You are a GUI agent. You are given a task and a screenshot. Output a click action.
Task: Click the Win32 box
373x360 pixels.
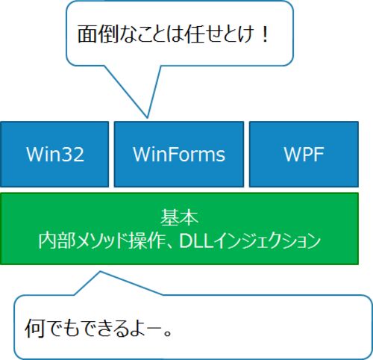[54, 154]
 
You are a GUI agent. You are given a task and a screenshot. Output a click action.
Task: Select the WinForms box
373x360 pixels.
[179, 154]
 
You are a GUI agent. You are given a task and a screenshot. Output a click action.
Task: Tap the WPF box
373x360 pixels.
[304, 154]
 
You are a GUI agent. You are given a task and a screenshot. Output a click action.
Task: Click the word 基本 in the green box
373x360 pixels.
[179, 217]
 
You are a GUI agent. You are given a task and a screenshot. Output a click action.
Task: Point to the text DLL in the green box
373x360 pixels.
[196, 240]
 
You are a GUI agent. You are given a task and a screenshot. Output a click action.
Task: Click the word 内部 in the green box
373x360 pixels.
[57, 240]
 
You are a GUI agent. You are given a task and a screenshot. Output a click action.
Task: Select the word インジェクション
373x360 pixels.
[267, 240]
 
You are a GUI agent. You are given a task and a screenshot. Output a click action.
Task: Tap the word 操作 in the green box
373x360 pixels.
[148, 240]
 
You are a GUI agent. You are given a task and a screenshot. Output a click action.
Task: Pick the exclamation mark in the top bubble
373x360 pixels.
[265, 34]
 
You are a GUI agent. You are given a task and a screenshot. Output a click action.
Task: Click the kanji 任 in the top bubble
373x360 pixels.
[194, 34]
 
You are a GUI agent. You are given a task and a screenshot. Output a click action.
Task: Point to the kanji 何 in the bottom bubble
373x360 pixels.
[34, 328]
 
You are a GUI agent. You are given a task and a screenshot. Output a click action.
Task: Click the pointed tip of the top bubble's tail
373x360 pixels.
[147, 117]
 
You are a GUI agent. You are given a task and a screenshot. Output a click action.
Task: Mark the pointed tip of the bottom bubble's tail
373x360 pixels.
[100, 272]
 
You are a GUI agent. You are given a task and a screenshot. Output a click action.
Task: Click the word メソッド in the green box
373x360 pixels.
[102, 240]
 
